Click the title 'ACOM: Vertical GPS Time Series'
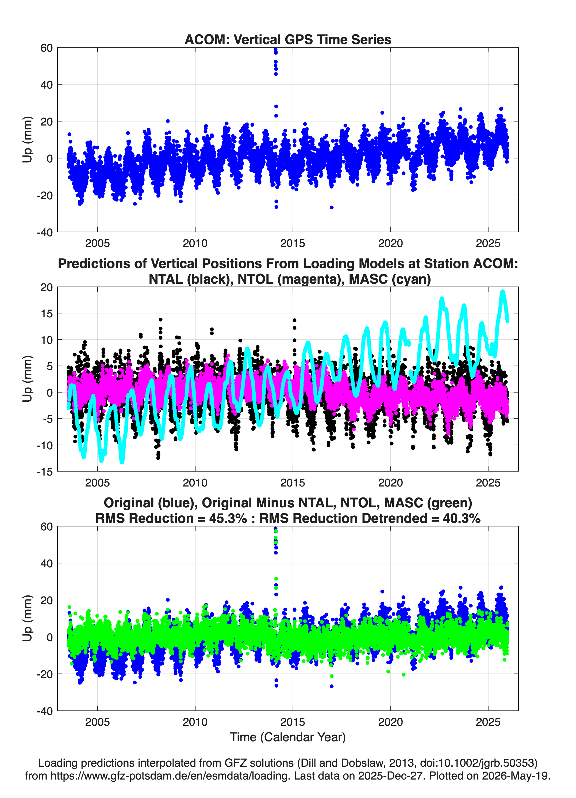click(288, 39)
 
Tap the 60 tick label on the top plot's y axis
click(47, 48)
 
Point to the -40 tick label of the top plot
click(45, 232)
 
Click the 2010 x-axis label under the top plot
click(195, 243)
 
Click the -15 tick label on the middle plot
click(45, 472)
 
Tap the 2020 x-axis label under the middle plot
click(390, 483)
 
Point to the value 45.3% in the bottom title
click(228, 518)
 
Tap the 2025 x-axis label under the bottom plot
click(488, 722)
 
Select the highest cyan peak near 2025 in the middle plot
click(502, 292)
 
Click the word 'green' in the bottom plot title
click(449, 503)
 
